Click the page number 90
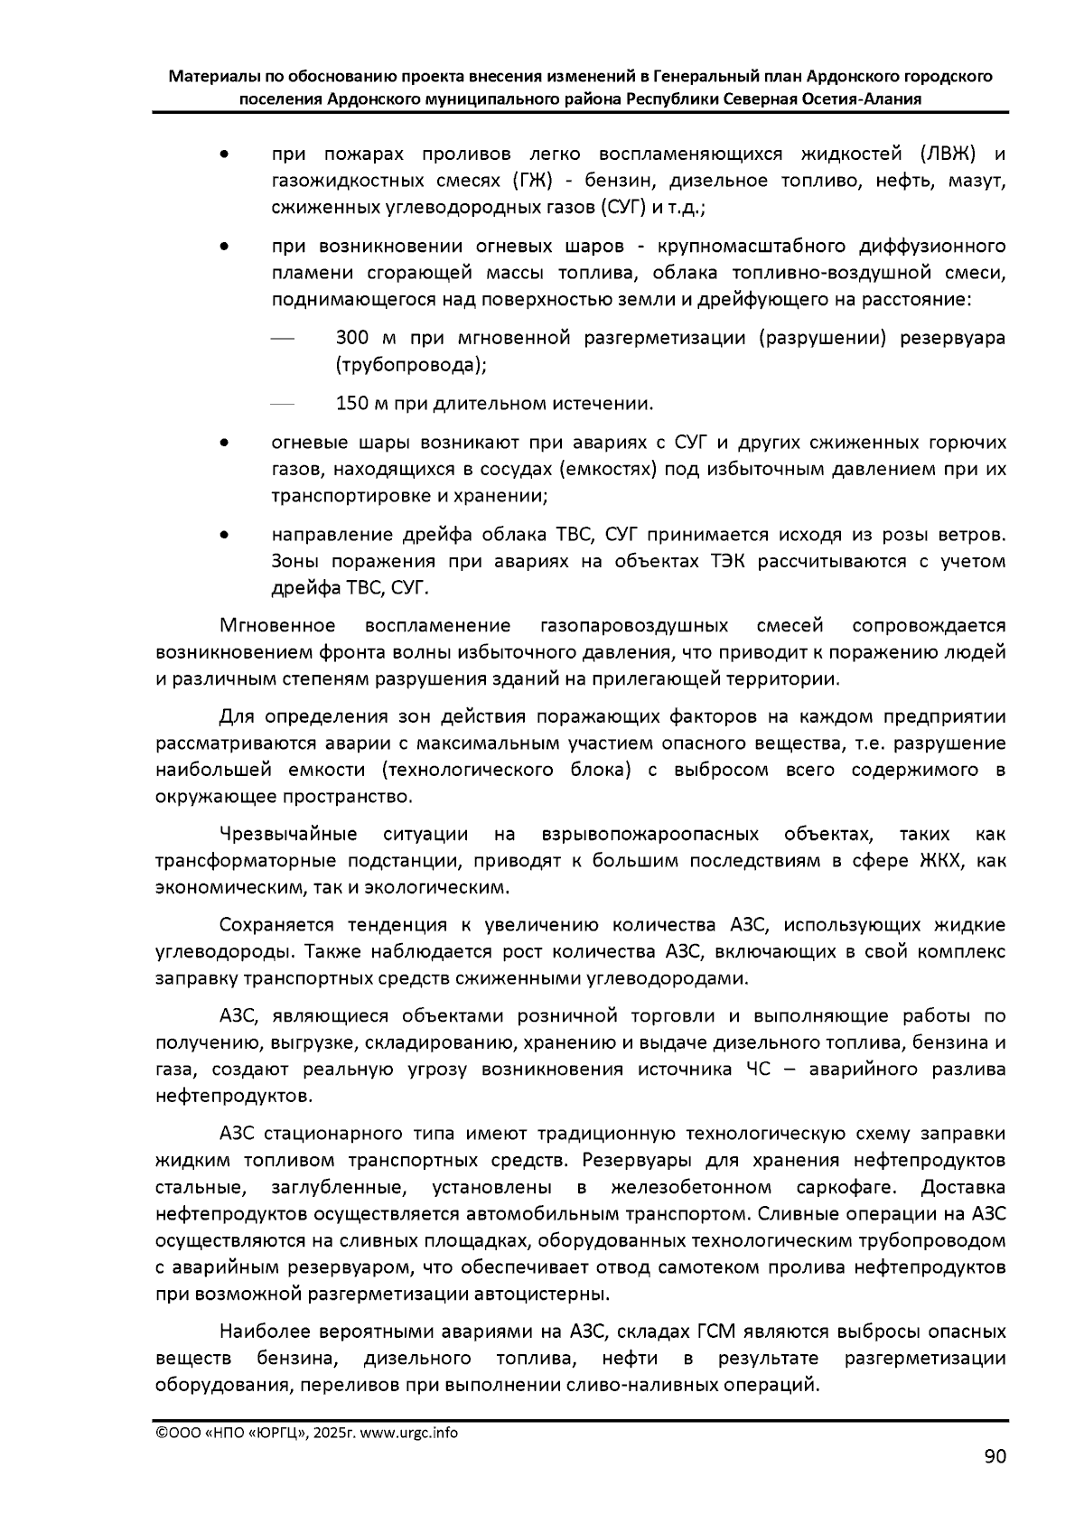tap(994, 1457)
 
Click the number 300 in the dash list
tap(352, 339)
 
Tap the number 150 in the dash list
tap(352, 403)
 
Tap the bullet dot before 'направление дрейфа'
tap(223, 536)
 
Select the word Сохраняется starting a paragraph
tap(275, 925)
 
